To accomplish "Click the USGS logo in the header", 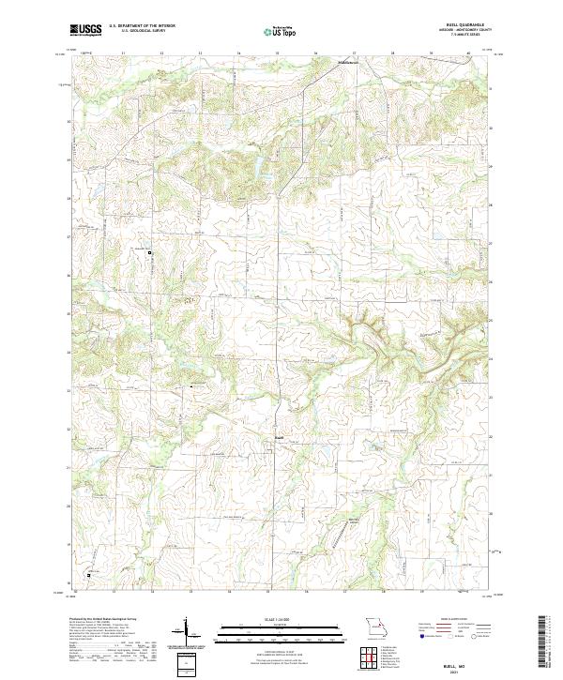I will tap(86, 31).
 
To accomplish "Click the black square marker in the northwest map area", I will tap(148, 252).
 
